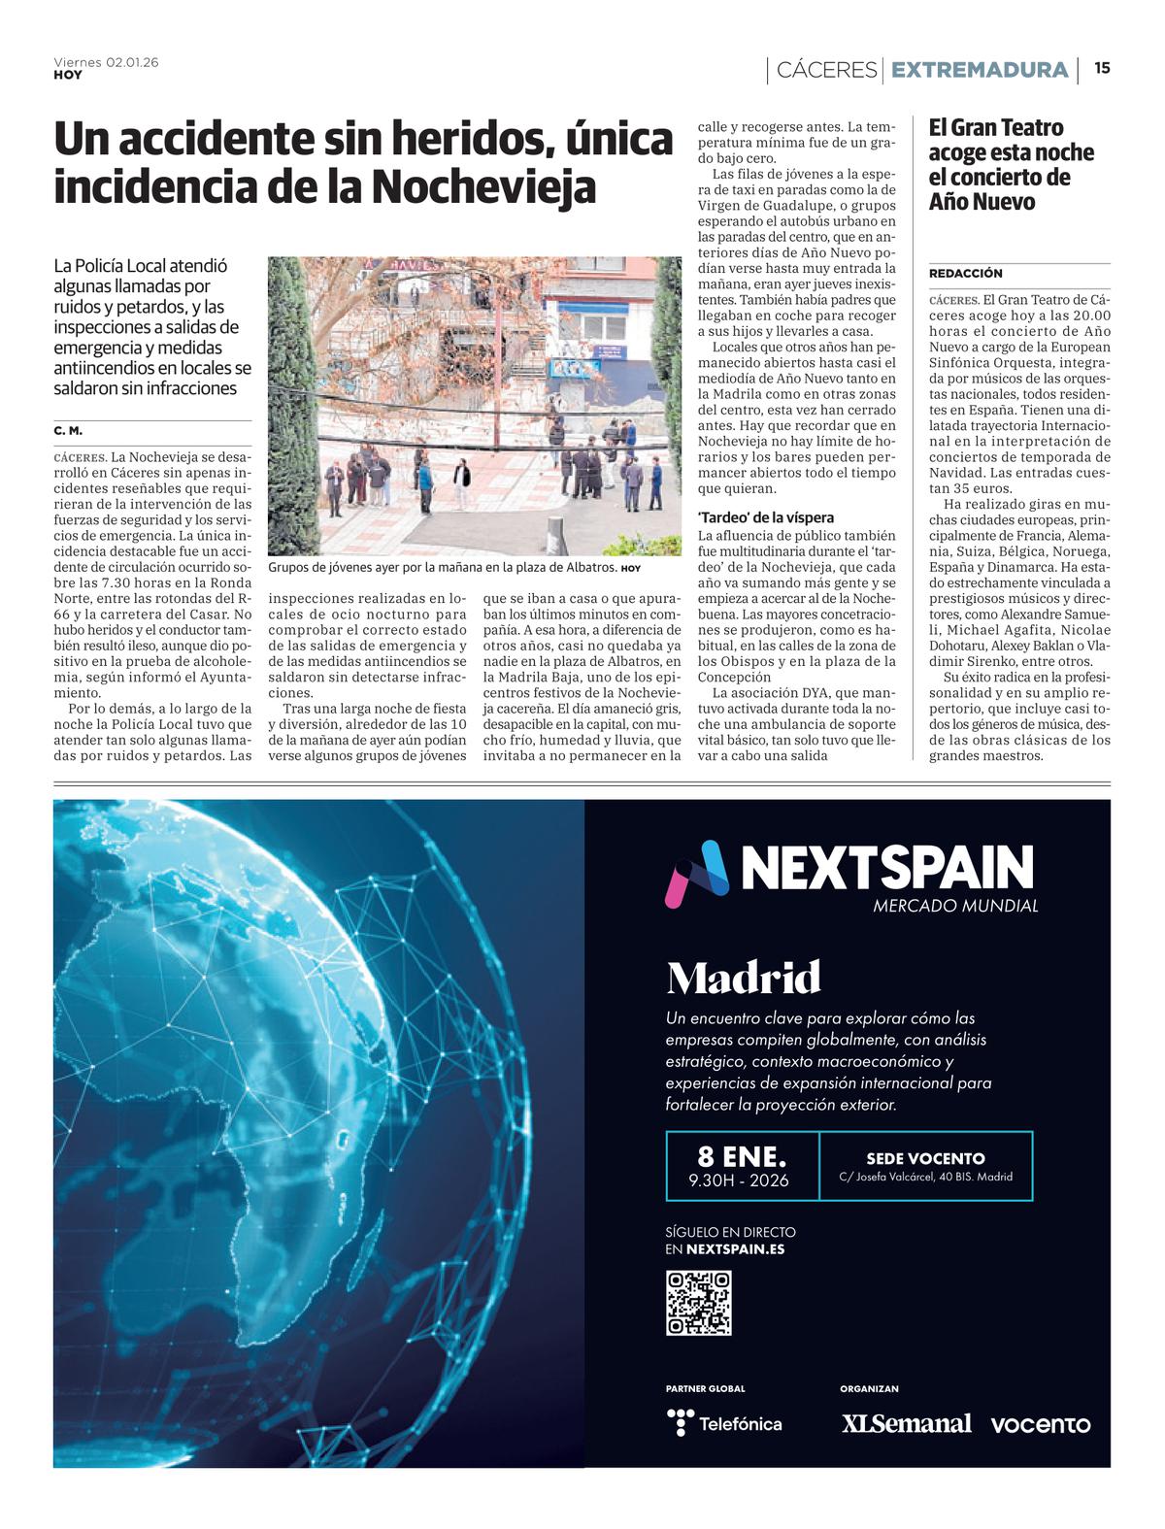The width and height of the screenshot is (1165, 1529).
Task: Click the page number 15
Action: tap(1102, 68)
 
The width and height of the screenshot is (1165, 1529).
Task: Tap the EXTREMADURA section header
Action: tap(979, 70)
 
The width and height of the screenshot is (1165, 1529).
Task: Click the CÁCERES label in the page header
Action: tap(826, 70)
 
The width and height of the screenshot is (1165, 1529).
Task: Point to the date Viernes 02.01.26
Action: tap(106, 62)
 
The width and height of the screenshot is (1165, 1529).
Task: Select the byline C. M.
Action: tap(68, 430)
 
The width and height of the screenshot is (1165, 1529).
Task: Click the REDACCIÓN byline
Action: tap(965, 274)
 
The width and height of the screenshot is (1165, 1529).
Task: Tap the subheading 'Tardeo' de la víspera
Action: tap(766, 517)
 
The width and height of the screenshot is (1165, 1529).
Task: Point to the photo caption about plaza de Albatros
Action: tap(443, 567)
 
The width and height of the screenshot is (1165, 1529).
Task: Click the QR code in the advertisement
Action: tap(698, 1303)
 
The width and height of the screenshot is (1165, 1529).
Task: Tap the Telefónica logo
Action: tap(724, 1423)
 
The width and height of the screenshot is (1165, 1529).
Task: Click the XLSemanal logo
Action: tap(906, 1423)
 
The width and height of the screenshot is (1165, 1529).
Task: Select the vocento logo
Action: tap(1040, 1424)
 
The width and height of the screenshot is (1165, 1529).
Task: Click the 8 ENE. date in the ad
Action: tap(742, 1156)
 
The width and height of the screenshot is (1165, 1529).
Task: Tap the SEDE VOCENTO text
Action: tap(925, 1158)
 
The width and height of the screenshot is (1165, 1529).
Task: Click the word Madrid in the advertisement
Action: tap(744, 978)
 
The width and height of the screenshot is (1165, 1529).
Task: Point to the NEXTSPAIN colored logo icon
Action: tap(696, 873)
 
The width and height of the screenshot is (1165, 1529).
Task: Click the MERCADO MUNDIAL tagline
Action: tap(955, 906)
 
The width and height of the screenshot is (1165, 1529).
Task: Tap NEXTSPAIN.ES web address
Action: tap(735, 1249)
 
